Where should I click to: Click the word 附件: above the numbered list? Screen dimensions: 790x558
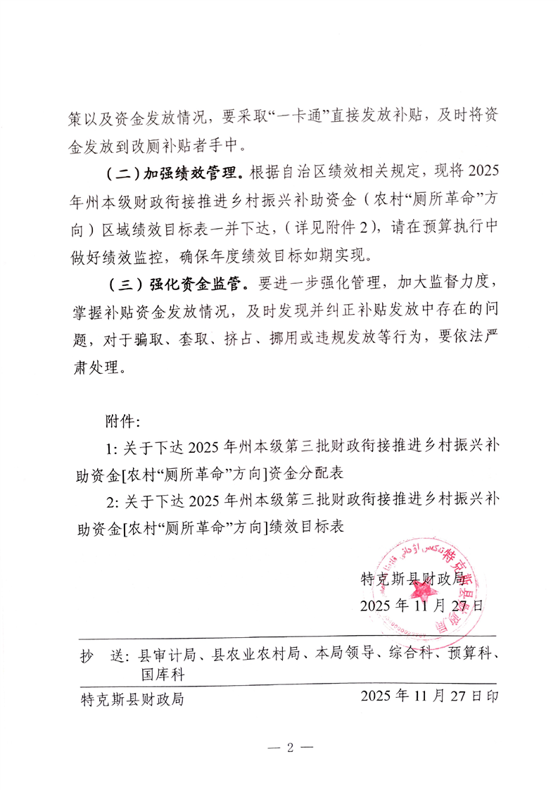124,422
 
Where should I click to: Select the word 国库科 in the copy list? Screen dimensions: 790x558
163,674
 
